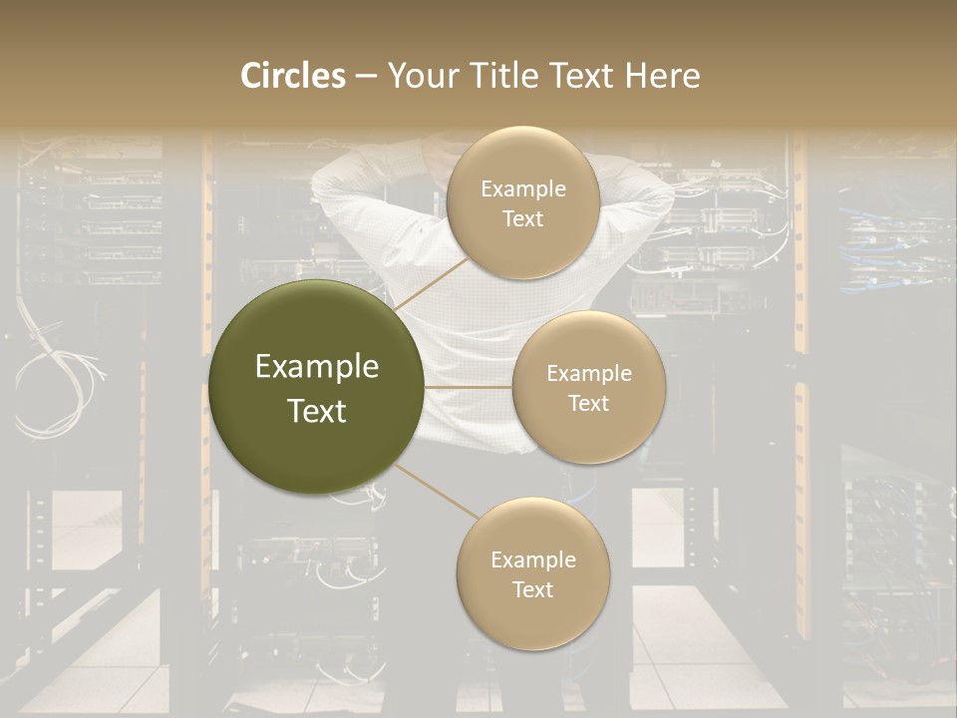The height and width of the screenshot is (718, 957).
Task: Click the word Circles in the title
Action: (x=292, y=76)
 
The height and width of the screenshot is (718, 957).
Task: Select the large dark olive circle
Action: (x=317, y=388)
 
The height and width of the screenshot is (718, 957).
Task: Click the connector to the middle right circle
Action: (x=469, y=387)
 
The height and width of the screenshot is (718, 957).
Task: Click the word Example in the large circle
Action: (x=317, y=366)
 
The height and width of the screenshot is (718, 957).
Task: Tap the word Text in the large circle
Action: (x=317, y=410)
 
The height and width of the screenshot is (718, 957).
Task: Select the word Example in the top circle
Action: (x=522, y=189)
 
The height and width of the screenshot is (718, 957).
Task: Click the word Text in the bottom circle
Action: (x=532, y=589)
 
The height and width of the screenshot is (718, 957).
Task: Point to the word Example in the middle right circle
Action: (x=588, y=374)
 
